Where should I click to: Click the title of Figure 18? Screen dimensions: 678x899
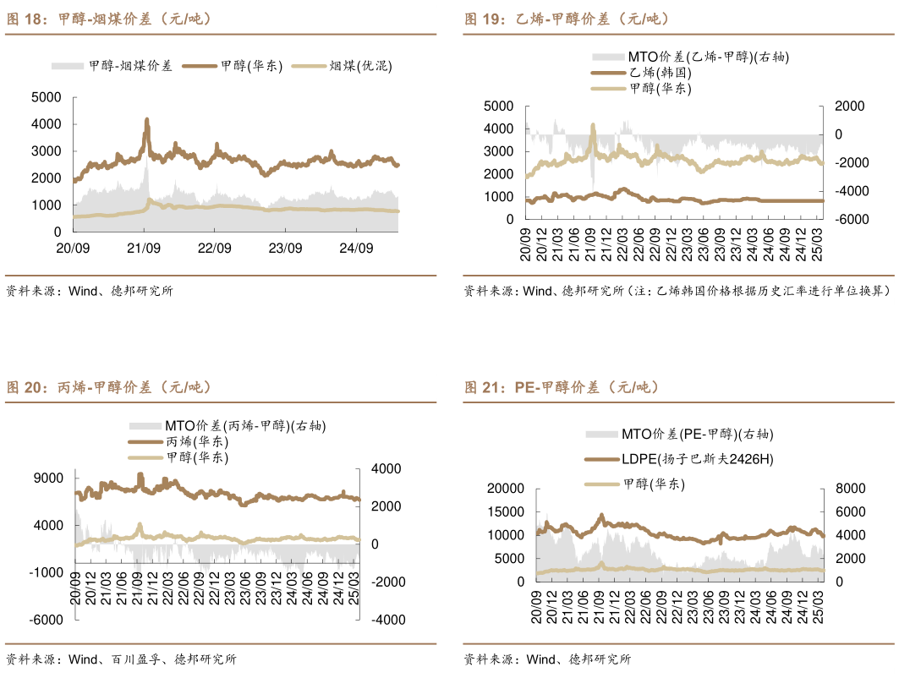click(110, 19)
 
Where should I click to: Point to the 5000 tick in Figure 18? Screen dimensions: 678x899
click(46, 97)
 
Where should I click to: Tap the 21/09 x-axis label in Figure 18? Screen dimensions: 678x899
click(144, 248)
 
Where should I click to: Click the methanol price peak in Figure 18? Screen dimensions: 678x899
click(147, 120)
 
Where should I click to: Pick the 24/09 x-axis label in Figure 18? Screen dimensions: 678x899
click(356, 248)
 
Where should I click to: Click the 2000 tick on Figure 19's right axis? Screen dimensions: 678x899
click(849, 106)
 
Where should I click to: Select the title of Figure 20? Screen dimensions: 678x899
click(110, 387)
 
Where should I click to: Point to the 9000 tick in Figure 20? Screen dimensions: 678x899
click(49, 478)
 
